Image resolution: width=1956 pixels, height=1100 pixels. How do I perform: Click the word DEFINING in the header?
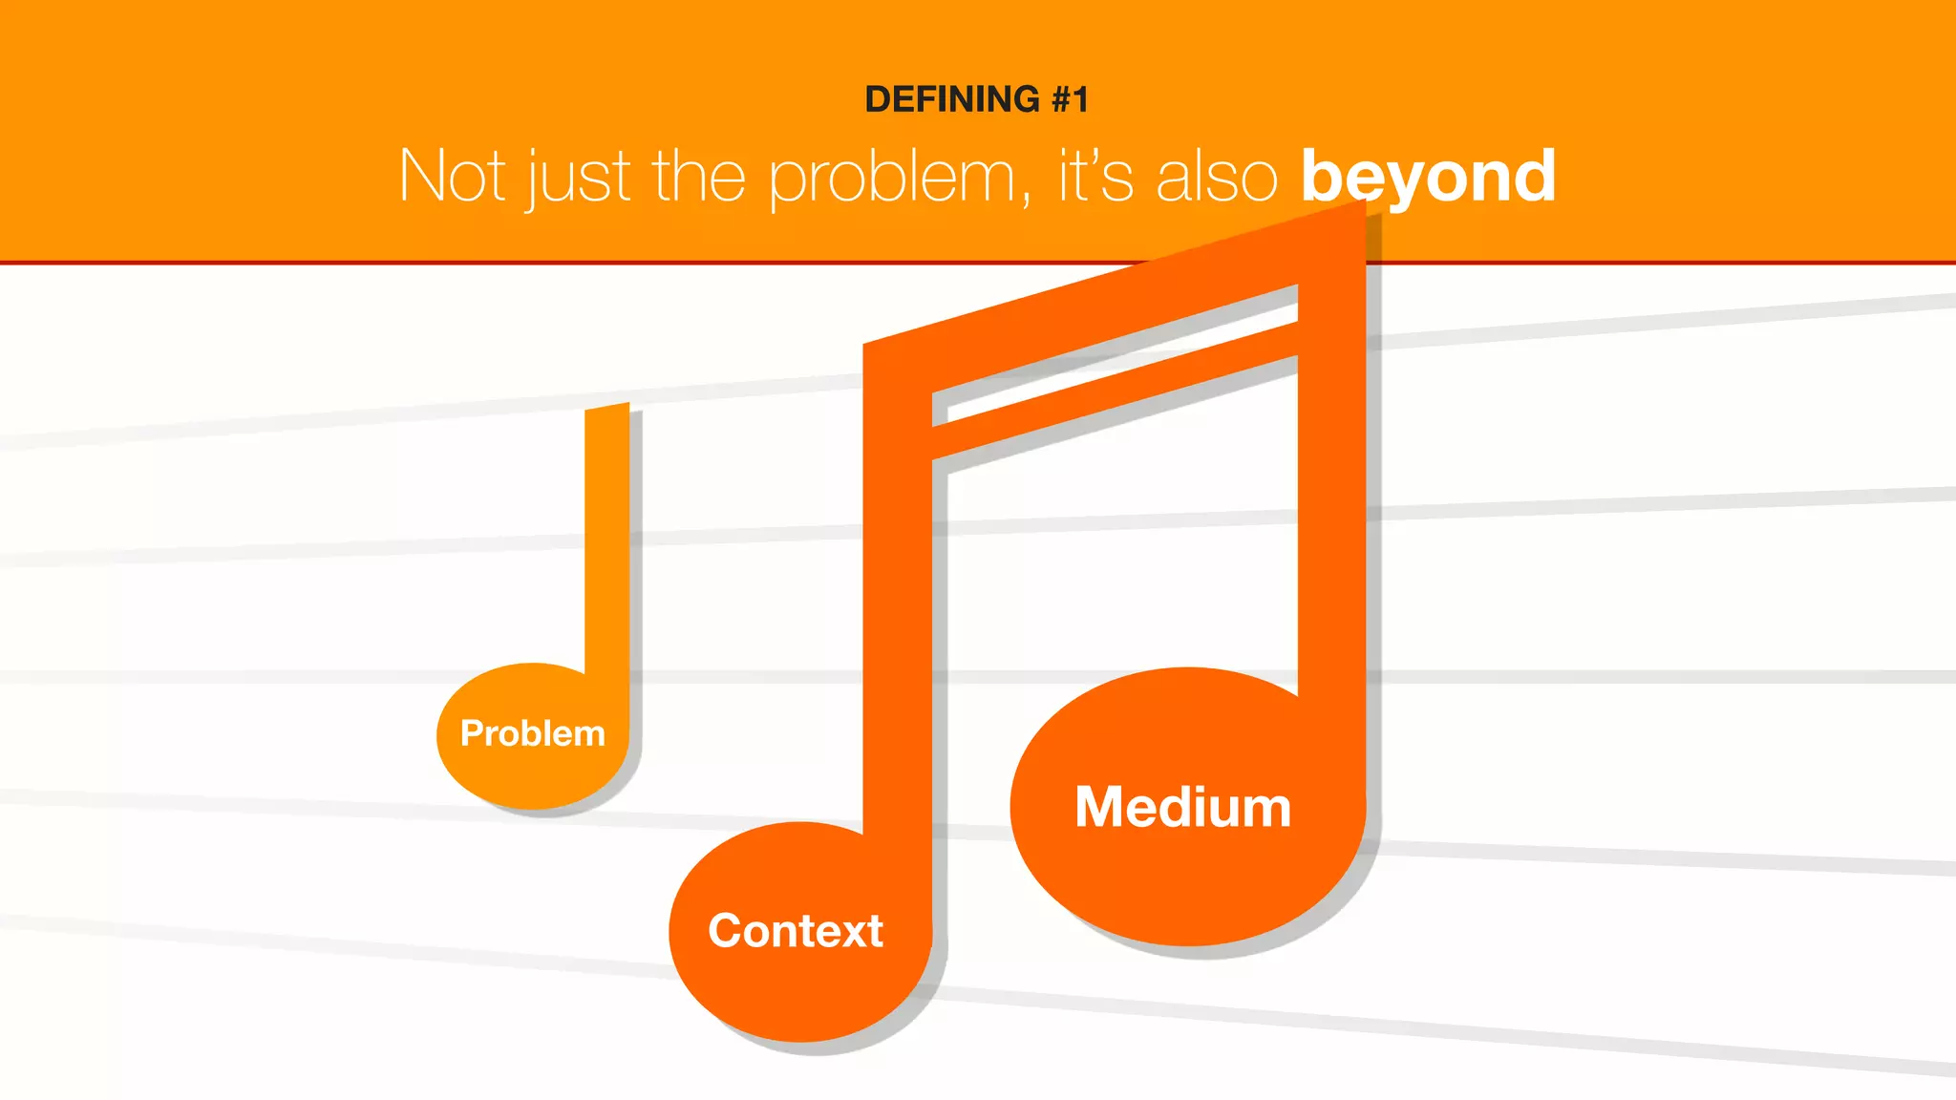951,99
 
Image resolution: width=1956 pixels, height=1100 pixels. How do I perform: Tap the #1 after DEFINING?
1070,99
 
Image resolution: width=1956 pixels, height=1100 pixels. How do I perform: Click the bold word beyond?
1428,177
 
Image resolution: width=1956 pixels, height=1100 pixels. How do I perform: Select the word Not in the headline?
452,177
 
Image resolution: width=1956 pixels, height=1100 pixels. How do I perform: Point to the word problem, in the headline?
898,179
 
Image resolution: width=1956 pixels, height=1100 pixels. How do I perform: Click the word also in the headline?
1216,177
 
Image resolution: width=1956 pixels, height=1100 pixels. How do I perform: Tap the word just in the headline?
579,179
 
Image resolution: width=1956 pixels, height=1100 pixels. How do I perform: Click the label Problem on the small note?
532,733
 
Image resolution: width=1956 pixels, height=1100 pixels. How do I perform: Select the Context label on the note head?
795,931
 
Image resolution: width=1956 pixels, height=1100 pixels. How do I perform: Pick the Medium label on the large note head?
1182,808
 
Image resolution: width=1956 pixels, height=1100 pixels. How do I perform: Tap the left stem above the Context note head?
898,621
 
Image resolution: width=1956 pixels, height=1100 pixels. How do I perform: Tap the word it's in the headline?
1095,177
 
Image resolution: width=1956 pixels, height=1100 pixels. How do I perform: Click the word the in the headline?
698,177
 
